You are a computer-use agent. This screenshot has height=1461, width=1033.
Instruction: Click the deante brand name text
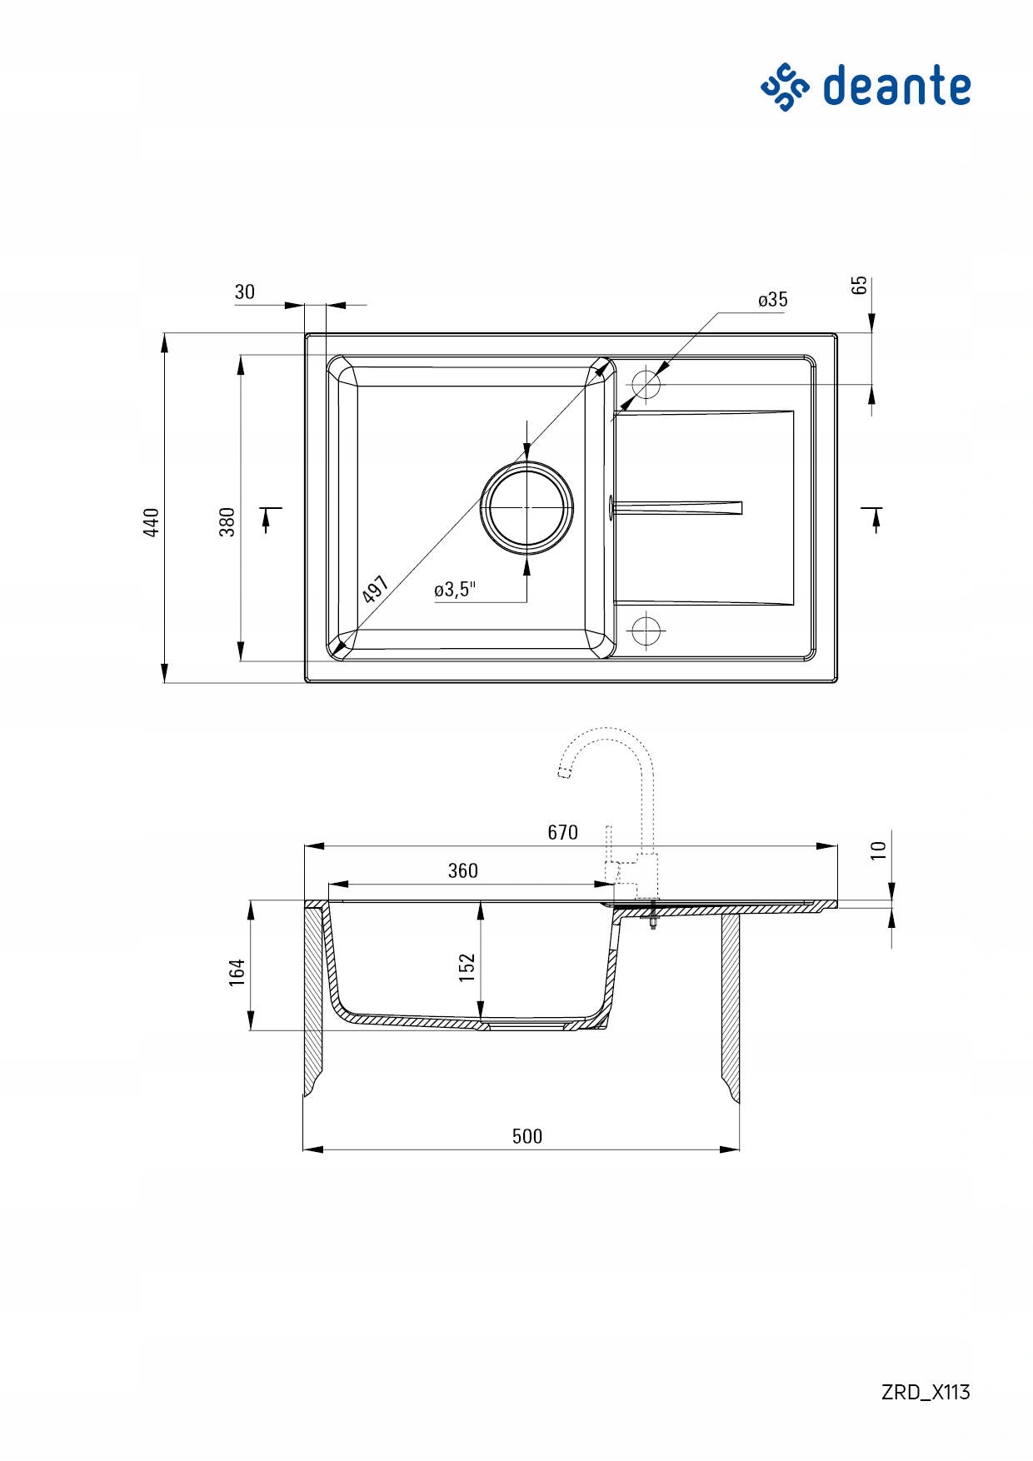coord(897,86)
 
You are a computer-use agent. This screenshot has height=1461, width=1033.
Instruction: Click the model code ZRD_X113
coord(926,1392)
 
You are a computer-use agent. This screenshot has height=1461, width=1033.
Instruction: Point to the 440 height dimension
coord(151,522)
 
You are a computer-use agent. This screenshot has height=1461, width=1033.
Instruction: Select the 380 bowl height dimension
coord(227,522)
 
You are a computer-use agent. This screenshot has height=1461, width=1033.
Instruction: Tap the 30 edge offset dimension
coord(245,292)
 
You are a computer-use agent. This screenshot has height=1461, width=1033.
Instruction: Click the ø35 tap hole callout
coord(773,300)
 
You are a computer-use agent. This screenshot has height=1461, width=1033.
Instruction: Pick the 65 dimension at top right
coord(859,285)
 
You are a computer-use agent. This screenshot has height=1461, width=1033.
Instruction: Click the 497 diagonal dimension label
coord(376,590)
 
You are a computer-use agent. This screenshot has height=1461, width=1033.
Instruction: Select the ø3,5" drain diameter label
coord(455,590)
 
